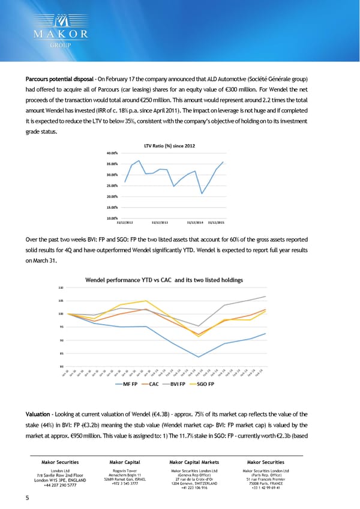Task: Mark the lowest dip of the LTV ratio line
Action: pyautogui.click(x=202, y=193)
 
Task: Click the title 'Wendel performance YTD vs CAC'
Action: pyautogui.click(x=164, y=280)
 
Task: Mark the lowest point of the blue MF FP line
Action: pyautogui.click(x=199, y=357)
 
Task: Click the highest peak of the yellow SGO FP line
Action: pyautogui.click(x=146, y=301)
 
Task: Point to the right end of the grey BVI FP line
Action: pyautogui.click(x=265, y=297)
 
